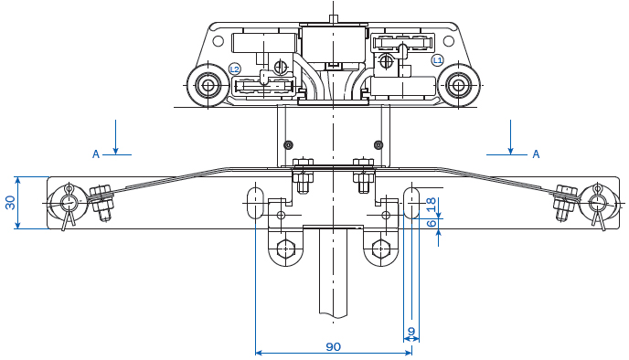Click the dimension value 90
[x=333, y=346]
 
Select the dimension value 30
[x=11, y=203]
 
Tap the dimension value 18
[x=432, y=205]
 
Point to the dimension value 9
[x=411, y=332]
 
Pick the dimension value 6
[x=432, y=223]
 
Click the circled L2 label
[x=235, y=69]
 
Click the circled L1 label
[x=437, y=60]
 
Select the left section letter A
[x=96, y=154]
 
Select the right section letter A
[x=536, y=154]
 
